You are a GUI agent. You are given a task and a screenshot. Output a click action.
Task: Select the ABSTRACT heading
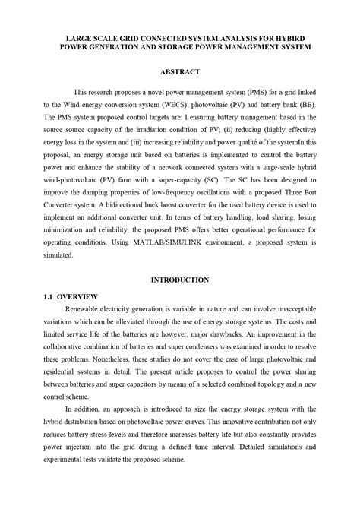pos(180,71)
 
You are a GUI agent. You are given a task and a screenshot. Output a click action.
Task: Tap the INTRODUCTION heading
pos(180,280)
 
